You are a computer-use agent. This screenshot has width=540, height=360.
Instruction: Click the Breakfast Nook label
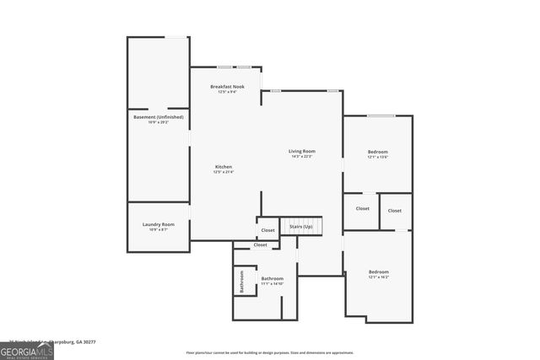(x=227, y=87)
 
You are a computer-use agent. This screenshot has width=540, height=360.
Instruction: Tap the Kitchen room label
(x=224, y=166)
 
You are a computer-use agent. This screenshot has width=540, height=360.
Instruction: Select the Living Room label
(x=301, y=151)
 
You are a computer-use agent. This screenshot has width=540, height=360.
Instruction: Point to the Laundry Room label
(x=158, y=223)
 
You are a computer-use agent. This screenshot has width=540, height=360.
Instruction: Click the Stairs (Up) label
(x=301, y=227)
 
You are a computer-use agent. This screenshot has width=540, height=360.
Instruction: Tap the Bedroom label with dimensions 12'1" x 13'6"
(x=377, y=152)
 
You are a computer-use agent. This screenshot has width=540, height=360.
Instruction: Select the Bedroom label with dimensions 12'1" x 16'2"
(x=379, y=271)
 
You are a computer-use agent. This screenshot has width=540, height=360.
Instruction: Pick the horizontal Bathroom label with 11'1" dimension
(x=272, y=278)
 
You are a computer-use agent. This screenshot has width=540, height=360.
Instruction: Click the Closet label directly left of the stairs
(x=267, y=229)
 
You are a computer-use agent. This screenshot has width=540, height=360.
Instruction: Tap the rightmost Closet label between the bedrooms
(x=395, y=210)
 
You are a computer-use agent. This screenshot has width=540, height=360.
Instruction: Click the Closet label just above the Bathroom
(x=260, y=244)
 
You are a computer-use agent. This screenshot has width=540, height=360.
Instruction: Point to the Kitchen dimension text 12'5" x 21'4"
(x=224, y=172)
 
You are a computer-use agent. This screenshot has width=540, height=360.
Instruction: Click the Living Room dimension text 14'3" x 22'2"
(x=301, y=157)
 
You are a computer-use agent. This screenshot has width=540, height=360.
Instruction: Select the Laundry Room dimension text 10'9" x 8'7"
(x=158, y=229)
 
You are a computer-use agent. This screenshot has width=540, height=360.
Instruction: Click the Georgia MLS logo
(x=27, y=350)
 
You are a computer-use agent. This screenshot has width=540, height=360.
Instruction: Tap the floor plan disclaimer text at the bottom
(x=270, y=352)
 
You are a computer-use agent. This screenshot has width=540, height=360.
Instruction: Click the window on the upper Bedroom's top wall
(x=381, y=116)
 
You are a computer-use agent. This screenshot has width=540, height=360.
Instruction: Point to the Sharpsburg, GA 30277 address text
(x=72, y=341)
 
